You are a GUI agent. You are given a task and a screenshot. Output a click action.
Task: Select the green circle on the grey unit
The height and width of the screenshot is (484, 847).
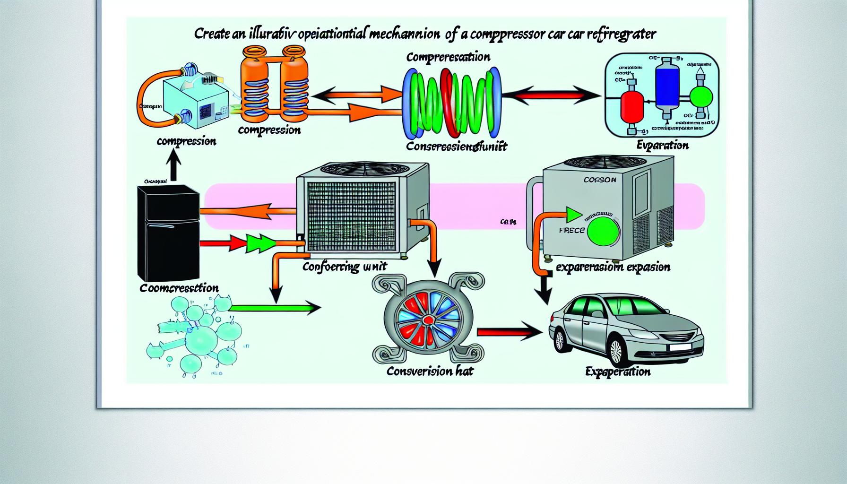pos(603,231)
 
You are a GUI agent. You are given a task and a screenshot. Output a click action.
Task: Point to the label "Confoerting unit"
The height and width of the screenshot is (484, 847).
pos(344,267)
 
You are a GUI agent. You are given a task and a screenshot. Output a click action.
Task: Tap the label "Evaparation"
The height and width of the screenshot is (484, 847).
pos(662,146)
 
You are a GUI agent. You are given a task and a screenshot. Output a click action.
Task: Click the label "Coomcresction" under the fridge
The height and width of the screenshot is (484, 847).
pos(179,288)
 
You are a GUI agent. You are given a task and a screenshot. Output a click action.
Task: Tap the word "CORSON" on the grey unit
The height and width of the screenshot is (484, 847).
pos(600,180)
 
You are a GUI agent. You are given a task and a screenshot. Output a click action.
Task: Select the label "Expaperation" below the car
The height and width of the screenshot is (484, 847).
pos(617,372)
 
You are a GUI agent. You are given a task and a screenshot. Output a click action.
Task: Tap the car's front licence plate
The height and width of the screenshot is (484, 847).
pos(679,347)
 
